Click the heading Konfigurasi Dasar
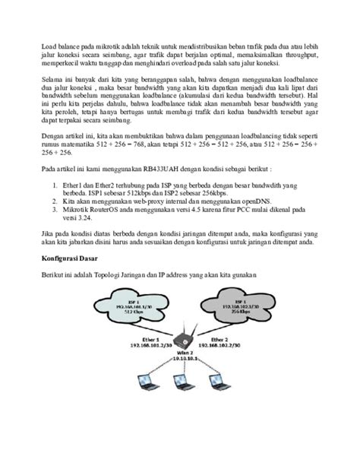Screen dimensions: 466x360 [x=71, y=260]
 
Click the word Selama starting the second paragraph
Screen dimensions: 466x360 [x=52, y=79]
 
